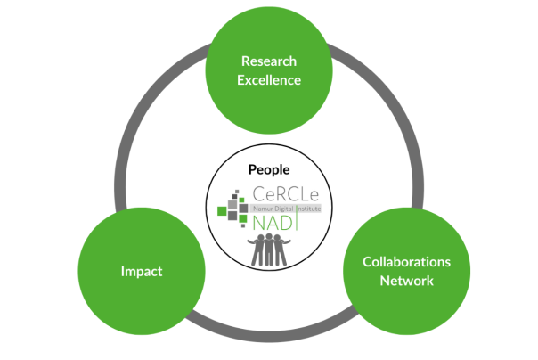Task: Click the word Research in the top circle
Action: click(x=269, y=61)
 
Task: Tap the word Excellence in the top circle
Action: click(x=269, y=80)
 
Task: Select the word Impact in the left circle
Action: click(x=142, y=271)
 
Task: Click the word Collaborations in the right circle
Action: click(x=406, y=262)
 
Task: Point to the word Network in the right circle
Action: click(x=406, y=281)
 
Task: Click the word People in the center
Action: click(x=269, y=168)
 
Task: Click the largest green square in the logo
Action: click(x=223, y=211)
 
